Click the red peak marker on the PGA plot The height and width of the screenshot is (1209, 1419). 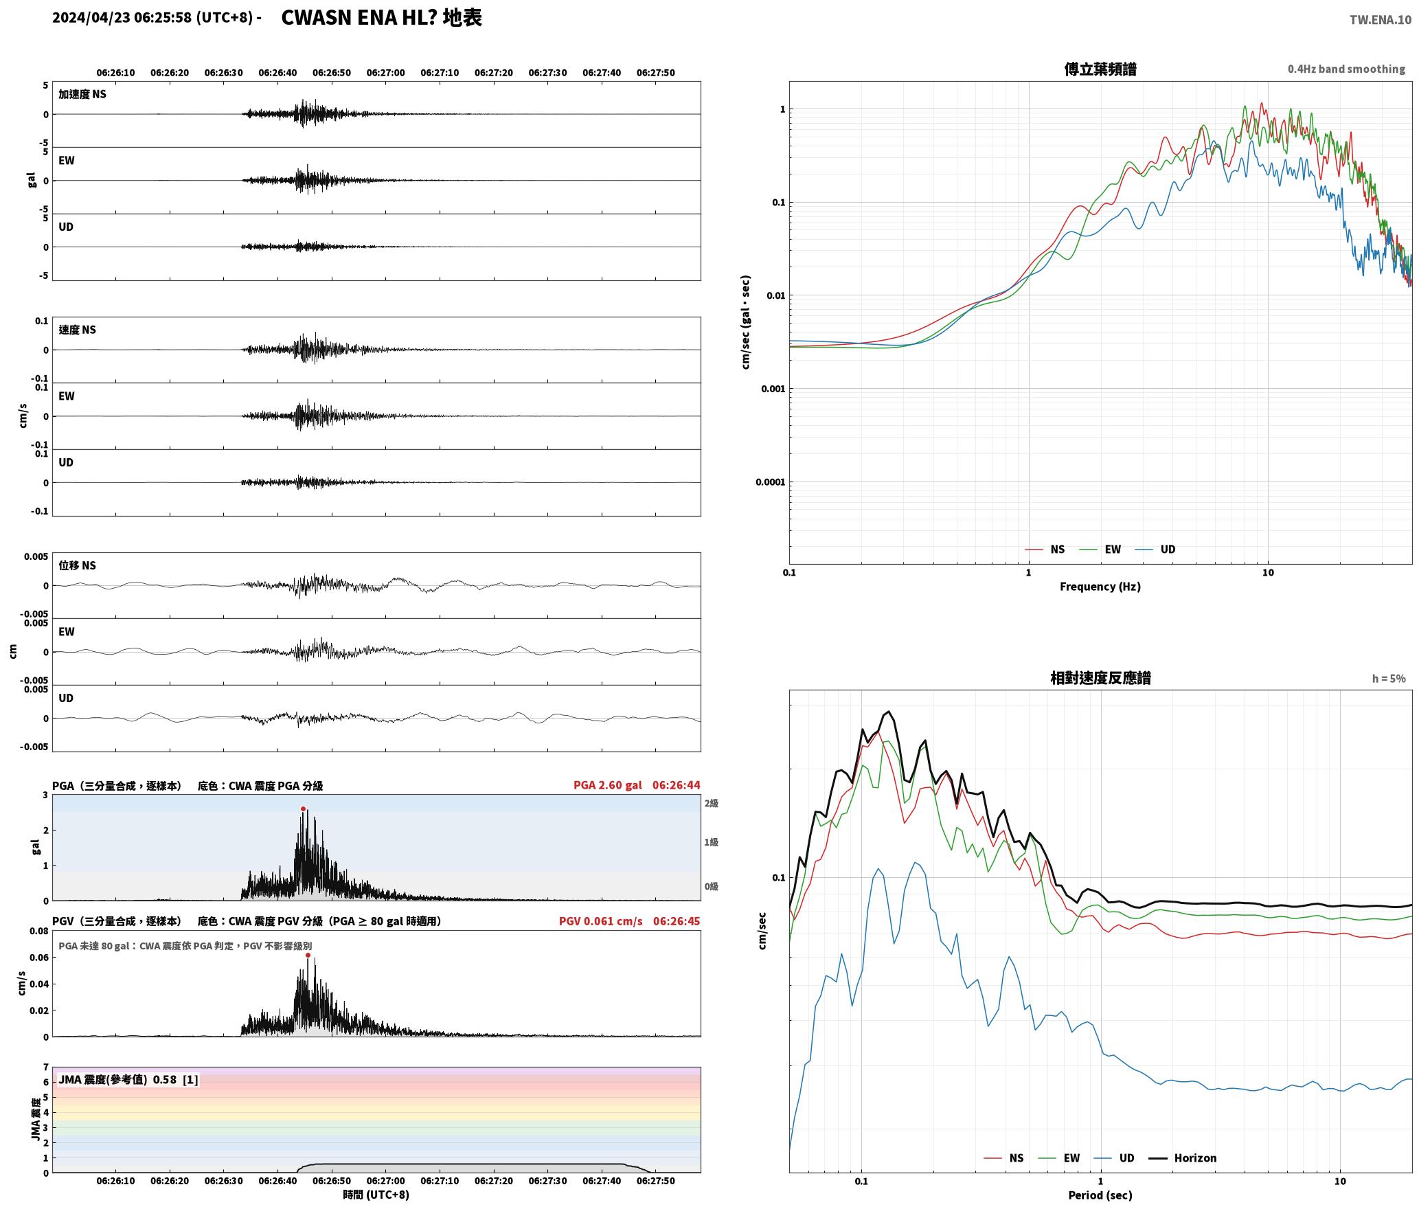pyautogui.click(x=303, y=809)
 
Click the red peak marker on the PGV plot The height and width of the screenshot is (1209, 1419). pyautogui.click(x=308, y=955)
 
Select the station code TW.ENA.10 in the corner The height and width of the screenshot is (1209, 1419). pyautogui.click(x=1381, y=20)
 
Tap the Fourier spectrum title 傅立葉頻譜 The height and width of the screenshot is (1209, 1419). pyautogui.click(x=1100, y=69)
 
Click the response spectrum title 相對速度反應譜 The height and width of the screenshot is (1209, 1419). pyautogui.click(x=1100, y=677)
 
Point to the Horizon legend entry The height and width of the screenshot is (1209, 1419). pyautogui.click(x=1182, y=1157)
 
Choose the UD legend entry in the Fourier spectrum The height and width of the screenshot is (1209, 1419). pyautogui.click(x=1155, y=549)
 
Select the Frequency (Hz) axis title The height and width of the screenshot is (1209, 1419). pyautogui.click(x=1100, y=586)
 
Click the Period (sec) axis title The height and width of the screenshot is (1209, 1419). pyautogui.click(x=1100, y=1195)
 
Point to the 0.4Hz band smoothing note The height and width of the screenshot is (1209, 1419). pyautogui.click(x=1346, y=69)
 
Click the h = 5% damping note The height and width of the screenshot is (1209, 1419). pyautogui.click(x=1389, y=678)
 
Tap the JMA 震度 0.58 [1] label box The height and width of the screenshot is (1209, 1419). pyautogui.click(x=128, y=1079)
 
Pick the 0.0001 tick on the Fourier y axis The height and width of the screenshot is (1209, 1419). pyautogui.click(x=770, y=482)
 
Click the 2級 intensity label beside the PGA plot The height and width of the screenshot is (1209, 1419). pyautogui.click(x=711, y=803)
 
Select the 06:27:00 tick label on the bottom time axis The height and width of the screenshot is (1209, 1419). pyautogui.click(x=385, y=1180)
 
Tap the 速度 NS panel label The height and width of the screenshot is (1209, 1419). pyautogui.click(x=77, y=330)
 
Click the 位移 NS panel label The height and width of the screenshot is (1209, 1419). pyautogui.click(x=77, y=565)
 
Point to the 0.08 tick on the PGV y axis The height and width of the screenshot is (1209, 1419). pyautogui.click(x=39, y=931)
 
